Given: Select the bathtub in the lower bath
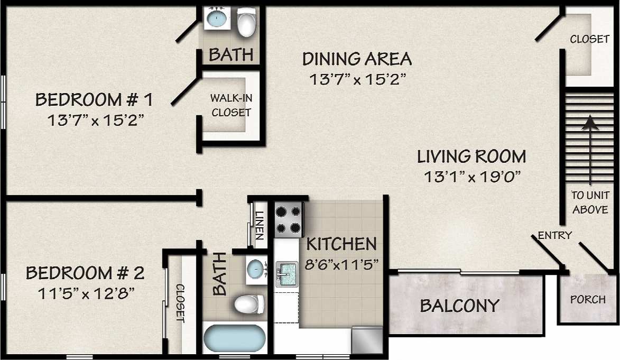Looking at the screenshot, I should pyautogui.click(x=234, y=338).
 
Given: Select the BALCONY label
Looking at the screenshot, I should pyautogui.click(x=459, y=306).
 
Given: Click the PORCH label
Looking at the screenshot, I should pyautogui.click(x=588, y=299).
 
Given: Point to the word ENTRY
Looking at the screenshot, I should pyautogui.click(x=554, y=235).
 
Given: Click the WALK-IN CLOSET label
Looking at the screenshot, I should pyautogui.click(x=230, y=105).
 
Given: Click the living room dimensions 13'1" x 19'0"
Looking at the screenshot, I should pyautogui.click(x=471, y=177).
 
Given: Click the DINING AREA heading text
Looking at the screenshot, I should pyautogui.click(x=357, y=59).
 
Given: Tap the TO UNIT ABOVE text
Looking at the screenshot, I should pyautogui.click(x=590, y=202).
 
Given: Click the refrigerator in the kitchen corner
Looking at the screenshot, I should pyautogui.click(x=367, y=340).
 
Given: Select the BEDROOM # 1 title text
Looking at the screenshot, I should pyautogui.click(x=94, y=99).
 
